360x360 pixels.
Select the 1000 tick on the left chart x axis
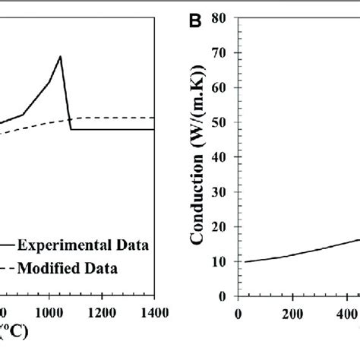coord(49,312)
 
